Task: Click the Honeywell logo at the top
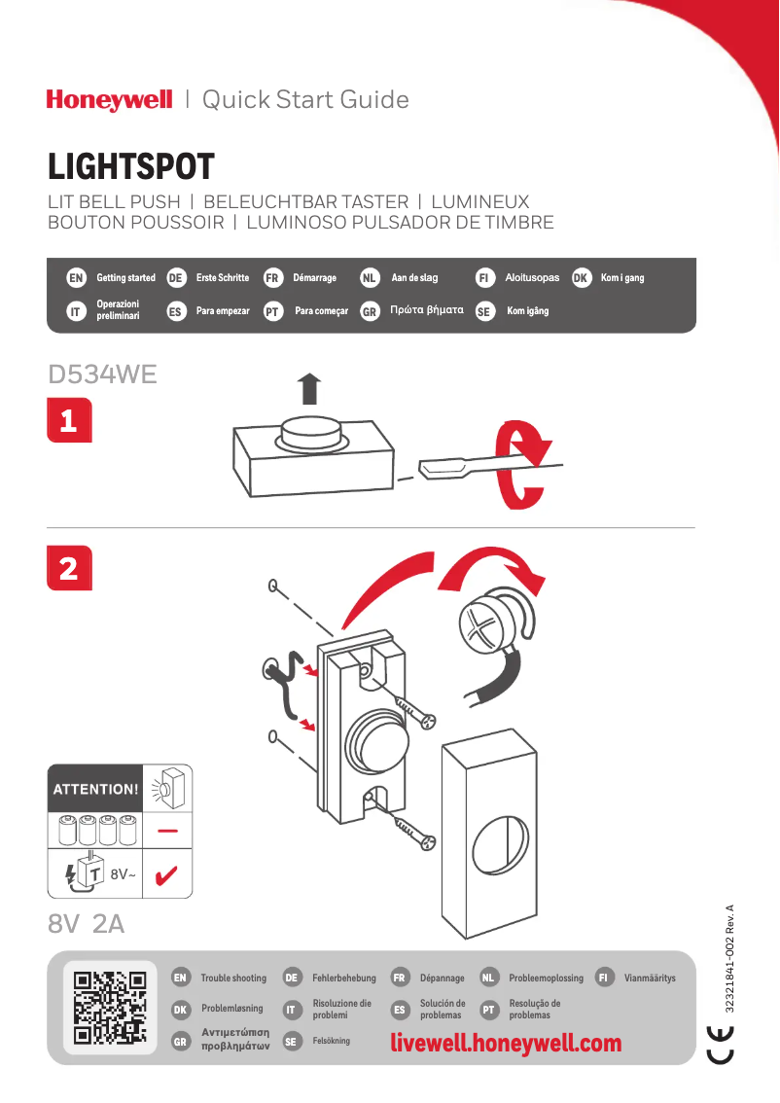tap(109, 100)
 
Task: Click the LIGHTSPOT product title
tap(130, 167)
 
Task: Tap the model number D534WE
tap(102, 374)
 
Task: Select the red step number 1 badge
tap(69, 421)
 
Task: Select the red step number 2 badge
tap(69, 568)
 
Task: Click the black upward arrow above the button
tap(308, 388)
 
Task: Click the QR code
tap(110, 1007)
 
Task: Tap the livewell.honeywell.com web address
tap(506, 1044)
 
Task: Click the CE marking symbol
tap(721, 1042)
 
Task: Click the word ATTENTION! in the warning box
tap(95, 789)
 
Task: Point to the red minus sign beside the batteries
tap(167, 832)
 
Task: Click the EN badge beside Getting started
tap(75, 278)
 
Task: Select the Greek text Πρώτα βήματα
tap(426, 311)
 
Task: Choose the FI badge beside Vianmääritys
tap(605, 978)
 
